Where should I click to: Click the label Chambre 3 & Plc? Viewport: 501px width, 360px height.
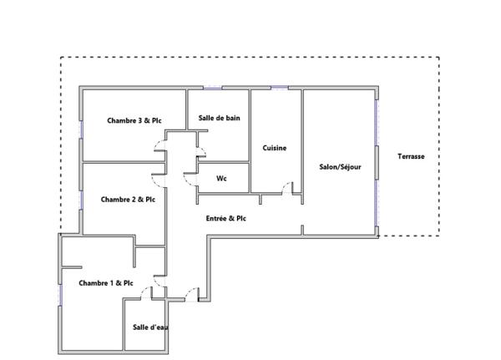point(134,120)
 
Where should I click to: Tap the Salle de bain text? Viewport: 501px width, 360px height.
point(219,118)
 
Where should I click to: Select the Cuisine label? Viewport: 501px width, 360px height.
point(275,148)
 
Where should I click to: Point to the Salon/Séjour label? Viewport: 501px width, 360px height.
point(340,166)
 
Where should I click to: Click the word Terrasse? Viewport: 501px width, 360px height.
point(411,156)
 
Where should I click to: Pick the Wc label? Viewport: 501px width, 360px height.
point(221,178)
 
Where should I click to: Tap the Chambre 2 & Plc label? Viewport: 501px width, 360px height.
point(128,200)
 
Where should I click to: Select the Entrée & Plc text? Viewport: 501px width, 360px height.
point(225,218)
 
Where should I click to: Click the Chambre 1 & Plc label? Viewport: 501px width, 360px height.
point(106,283)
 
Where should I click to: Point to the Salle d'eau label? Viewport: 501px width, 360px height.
point(150,327)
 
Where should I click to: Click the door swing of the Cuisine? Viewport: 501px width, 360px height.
point(288,188)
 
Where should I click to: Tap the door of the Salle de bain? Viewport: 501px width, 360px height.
point(200,151)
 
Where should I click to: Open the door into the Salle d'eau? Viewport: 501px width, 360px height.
point(145,292)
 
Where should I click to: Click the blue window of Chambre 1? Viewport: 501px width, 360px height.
point(59,292)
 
